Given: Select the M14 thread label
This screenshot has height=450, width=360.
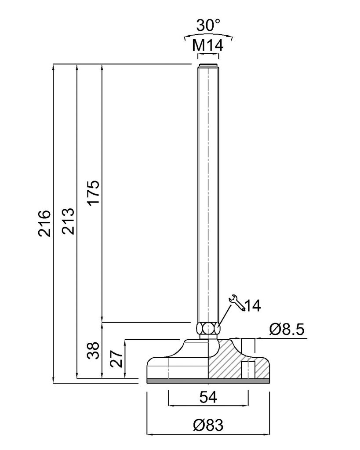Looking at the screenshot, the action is pos(207,45).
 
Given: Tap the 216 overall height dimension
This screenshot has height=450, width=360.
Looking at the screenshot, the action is pos(45,223).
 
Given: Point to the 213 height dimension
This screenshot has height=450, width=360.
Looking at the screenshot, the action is pos(69,221).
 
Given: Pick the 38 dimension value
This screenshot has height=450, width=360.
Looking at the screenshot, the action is pos(94,350).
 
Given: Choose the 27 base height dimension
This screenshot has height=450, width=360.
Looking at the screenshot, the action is pos(117,359).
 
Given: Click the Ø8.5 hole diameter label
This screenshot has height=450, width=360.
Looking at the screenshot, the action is pos(287,330).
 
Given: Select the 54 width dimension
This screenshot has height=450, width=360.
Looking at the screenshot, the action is pos(208,397).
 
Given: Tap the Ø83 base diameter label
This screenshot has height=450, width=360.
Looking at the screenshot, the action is pos(208,425).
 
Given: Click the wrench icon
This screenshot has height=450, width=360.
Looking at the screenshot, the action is pos(237,303).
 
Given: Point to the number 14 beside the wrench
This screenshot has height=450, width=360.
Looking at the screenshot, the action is pos(253,306).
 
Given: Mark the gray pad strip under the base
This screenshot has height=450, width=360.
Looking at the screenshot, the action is pos(208,381).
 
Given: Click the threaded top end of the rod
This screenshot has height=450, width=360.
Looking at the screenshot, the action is pos(208,65).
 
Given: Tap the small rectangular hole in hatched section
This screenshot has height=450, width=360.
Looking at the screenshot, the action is pos(248,370).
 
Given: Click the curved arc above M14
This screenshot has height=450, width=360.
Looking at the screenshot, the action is pos(208,36).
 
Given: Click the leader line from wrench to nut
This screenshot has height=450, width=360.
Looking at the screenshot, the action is pos(225,315).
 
